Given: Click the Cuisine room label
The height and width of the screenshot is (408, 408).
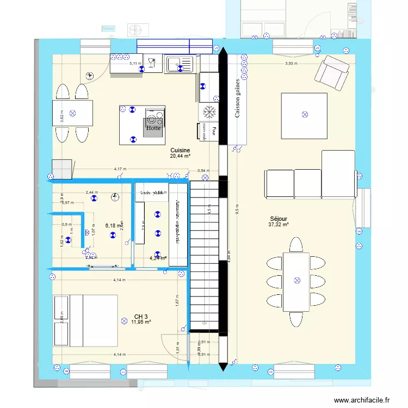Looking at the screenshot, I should tap(180, 150).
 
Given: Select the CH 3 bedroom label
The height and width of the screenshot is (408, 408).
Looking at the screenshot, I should tap(141, 316).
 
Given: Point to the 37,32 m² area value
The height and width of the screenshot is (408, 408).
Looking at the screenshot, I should tap(278, 224).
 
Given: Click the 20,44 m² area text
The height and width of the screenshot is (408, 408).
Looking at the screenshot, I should tap(180, 156).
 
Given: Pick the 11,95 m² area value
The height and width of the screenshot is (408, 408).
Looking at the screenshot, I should tap(141, 322).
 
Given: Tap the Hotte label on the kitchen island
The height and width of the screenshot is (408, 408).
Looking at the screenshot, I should tap(153, 129).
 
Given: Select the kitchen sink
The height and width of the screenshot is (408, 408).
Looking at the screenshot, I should tap(180, 65).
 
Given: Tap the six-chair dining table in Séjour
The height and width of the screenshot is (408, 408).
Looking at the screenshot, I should tap(296, 280).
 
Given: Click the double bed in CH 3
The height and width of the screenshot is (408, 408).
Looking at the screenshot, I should tap(85, 321).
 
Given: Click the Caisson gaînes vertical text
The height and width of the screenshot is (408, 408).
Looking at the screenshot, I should tap(237, 98).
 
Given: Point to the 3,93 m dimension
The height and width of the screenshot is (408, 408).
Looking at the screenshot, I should tap(292, 63).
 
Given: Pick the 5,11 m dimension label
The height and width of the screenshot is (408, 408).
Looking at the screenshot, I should tap(134, 63).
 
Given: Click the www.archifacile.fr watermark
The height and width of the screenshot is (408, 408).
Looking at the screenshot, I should tap(362, 400).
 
